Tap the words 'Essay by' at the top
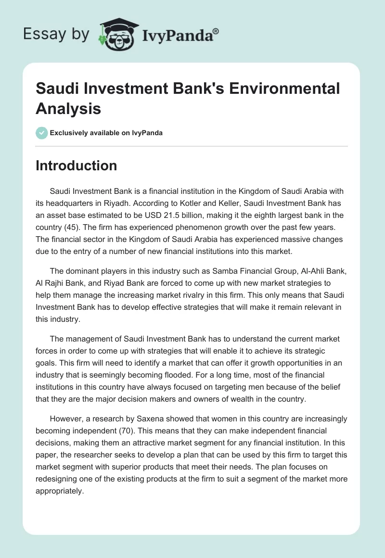pyautogui.click(x=56, y=34)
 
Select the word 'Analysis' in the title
pyautogui.click(x=68, y=108)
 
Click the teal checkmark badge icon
pyautogui.click(x=42, y=133)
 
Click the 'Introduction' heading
pyautogui.click(x=77, y=165)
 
